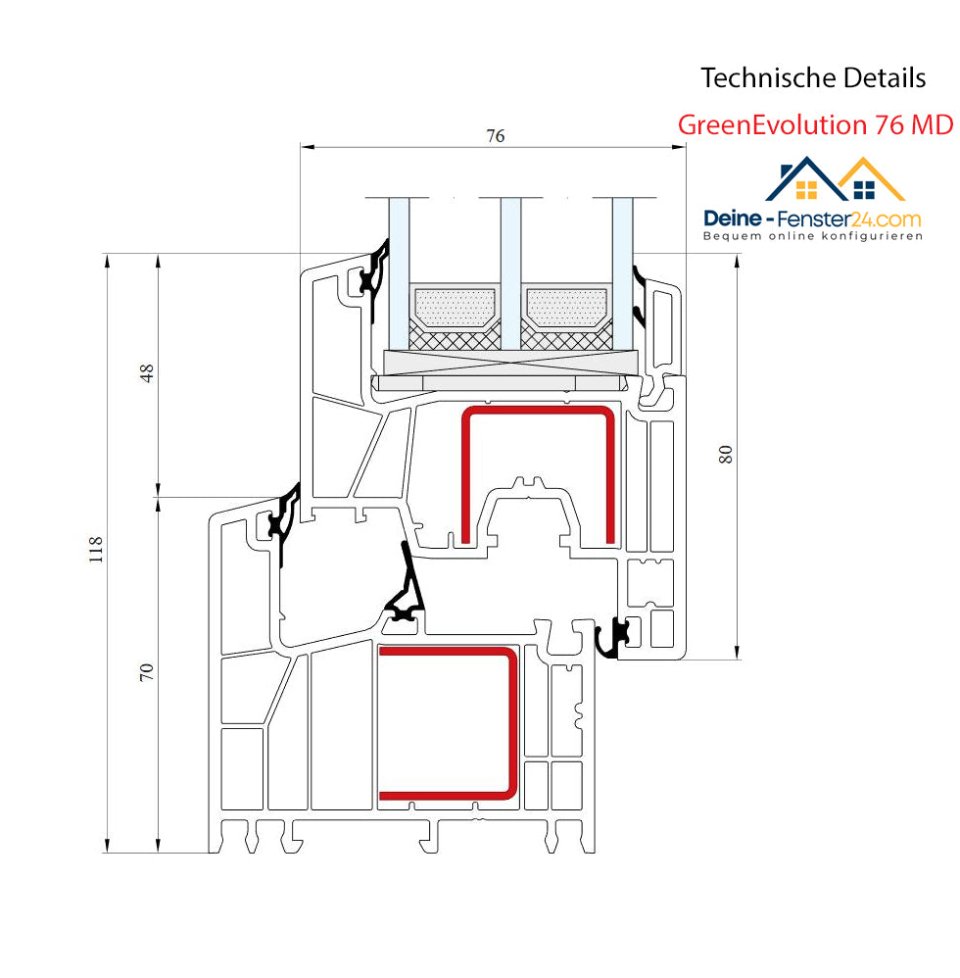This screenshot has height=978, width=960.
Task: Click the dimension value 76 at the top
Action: click(x=495, y=135)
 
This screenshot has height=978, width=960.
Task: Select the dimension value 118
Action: click(x=95, y=549)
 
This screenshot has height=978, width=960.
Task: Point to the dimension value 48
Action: click(x=146, y=373)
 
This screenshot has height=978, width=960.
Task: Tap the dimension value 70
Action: click(x=146, y=671)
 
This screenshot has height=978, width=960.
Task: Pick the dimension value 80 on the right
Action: click(x=725, y=454)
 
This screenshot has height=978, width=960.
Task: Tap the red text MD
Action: click(x=932, y=124)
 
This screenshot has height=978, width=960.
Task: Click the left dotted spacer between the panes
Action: click(x=455, y=308)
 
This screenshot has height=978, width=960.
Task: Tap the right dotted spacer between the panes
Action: click(x=566, y=308)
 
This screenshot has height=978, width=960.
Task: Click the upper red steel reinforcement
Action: click(x=538, y=411)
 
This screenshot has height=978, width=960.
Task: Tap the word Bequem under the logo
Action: click(x=723, y=236)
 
